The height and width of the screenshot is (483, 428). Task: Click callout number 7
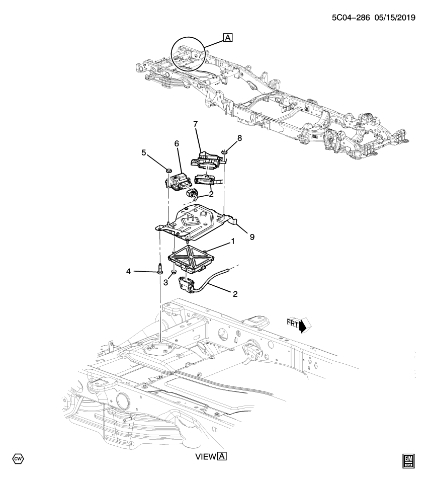tap(196, 124)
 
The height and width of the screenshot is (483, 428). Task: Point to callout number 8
tap(239, 137)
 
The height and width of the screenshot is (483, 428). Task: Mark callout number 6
tap(177, 144)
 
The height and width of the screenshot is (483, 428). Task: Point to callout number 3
tap(165, 283)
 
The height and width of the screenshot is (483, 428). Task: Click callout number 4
tap(128, 272)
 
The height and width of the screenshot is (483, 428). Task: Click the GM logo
tap(409, 460)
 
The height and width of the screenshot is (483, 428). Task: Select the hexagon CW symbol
tap(18, 459)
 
